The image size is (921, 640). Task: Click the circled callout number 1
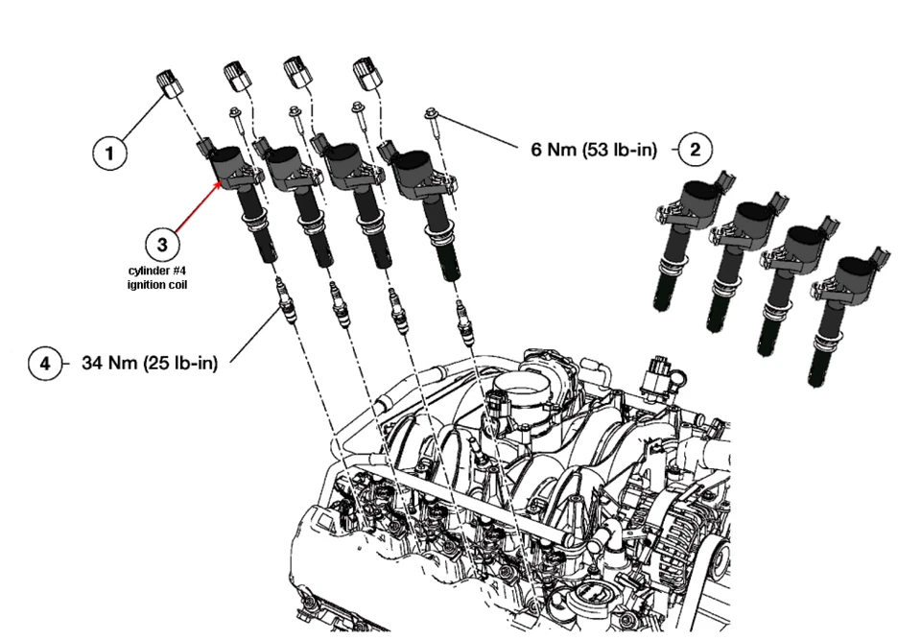(110, 153)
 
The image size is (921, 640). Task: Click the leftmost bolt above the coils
(233, 120)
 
